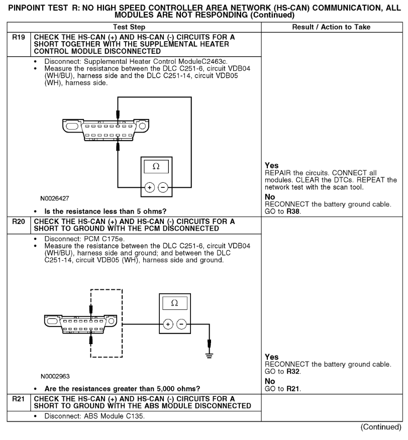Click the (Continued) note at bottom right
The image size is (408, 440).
click(381, 427)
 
